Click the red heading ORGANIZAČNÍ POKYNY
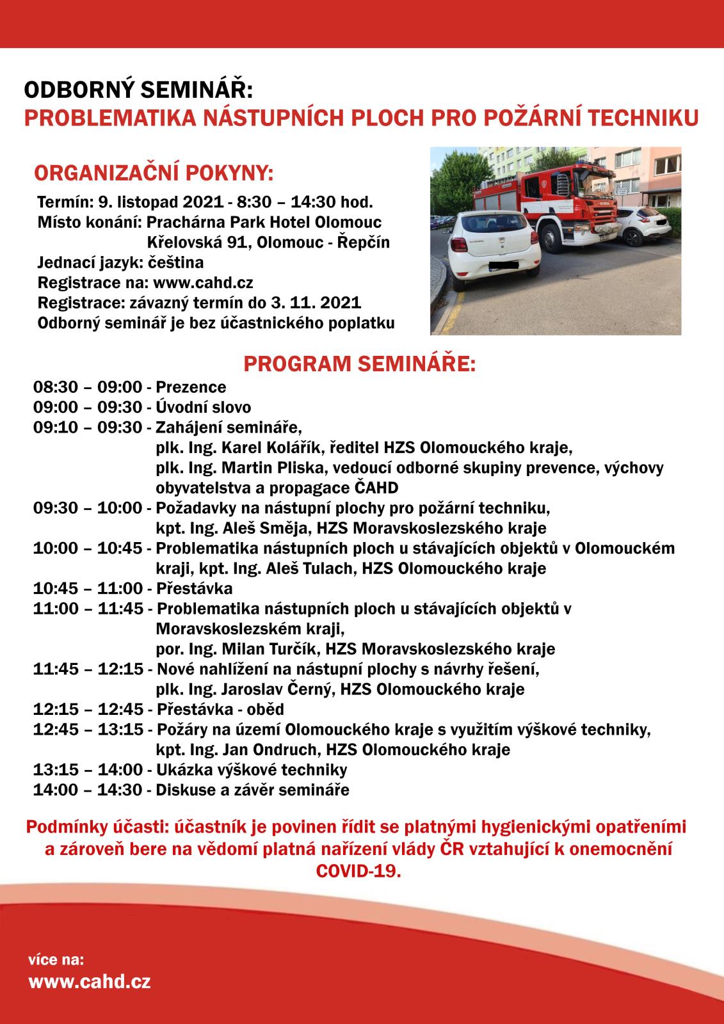click(x=154, y=173)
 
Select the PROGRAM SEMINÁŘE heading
click(x=359, y=364)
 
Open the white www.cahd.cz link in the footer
click(x=90, y=981)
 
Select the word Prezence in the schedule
click(x=191, y=387)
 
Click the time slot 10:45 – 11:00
click(x=88, y=588)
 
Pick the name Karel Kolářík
click(x=276, y=447)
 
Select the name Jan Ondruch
click(x=270, y=749)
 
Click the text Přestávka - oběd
click(x=220, y=709)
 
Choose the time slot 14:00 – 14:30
click(x=88, y=790)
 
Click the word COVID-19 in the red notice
click(x=358, y=872)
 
